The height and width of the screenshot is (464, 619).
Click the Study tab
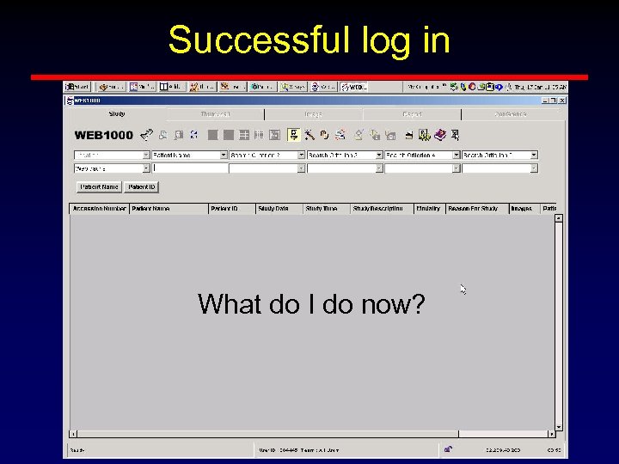pyautogui.click(x=117, y=113)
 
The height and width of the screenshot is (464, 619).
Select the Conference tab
pyautogui.click(x=511, y=113)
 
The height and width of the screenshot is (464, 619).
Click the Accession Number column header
pyautogui.click(x=99, y=209)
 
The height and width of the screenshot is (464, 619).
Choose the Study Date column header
pyautogui.click(x=273, y=209)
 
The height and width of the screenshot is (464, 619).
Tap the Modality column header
pyautogui.click(x=428, y=209)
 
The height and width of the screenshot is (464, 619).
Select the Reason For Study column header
pyautogui.click(x=473, y=209)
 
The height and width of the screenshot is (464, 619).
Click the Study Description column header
pyautogui.click(x=377, y=209)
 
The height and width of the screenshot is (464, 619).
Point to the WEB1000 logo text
pyautogui.click(x=103, y=135)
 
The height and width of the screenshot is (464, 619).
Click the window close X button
pyautogui.click(x=560, y=101)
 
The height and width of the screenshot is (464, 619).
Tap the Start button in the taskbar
pyautogui.click(x=78, y=87)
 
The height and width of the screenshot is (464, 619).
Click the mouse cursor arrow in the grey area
pyautogui.click(x=462, y=288)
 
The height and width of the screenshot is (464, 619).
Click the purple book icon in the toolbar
pyautogui.click(x=440, y=135)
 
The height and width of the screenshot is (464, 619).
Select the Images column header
pyautogui.click(x=521, y=209)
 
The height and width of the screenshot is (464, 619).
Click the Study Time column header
pyautogui.click(x=322, y=209)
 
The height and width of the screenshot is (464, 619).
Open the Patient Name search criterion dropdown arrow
pyautogui.click(x=224, y=156)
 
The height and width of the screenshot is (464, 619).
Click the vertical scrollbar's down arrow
pyautogui.click(x=559, y=426)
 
